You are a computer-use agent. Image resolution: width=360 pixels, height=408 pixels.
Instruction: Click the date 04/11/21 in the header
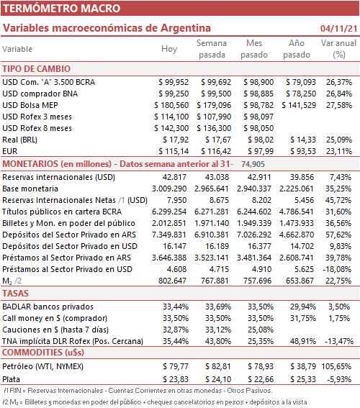(338, 28)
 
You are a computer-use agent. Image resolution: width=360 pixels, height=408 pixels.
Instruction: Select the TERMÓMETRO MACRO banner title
(61, 9)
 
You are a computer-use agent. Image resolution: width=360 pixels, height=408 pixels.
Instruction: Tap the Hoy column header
(169, 49)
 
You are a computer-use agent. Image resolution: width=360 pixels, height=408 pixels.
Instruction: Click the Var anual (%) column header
(338, 49)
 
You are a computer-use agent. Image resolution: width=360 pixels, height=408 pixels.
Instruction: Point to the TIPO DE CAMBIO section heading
(37, 69)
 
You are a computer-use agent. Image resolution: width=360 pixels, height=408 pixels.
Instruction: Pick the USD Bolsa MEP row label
(30, 105)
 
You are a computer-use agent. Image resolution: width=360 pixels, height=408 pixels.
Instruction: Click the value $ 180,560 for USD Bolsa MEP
(171, 105)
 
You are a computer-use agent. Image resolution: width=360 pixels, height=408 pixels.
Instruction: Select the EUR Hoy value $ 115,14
(174, 151)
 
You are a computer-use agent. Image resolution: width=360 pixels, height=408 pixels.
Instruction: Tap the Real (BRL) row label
(19, 140)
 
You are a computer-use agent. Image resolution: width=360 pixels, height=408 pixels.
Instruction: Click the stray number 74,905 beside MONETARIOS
(253, 164)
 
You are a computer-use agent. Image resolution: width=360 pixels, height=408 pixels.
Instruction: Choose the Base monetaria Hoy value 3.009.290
(169, 189)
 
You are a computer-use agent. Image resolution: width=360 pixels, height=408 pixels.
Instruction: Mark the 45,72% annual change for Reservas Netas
(338, 200)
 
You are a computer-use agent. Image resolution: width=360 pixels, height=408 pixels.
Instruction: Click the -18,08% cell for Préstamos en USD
(337, 269)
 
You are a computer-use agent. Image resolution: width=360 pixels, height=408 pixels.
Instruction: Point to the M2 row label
(12, 281)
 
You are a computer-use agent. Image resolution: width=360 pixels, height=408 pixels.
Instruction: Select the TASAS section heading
(15, 294)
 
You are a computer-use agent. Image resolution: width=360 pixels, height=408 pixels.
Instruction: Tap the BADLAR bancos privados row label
(48, 307)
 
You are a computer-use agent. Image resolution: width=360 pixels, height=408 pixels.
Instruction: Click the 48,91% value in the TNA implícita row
(303, 341)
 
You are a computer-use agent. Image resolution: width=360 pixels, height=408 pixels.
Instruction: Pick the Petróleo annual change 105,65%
(336, 366)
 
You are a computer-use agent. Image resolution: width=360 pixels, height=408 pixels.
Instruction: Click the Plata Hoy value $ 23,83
(176, 379)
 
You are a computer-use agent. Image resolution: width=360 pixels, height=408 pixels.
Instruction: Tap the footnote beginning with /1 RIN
(138, 391)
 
